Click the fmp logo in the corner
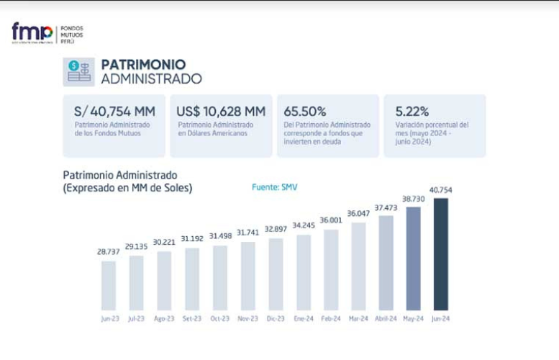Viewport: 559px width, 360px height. click(32, 33)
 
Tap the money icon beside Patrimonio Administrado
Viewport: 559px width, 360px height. click(78, 71)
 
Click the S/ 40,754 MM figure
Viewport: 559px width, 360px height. click(114, 112)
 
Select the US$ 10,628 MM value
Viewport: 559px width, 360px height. click(221, 112)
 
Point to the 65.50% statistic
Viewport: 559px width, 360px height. click(305, 112)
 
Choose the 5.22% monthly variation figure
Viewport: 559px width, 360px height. click(412, 112)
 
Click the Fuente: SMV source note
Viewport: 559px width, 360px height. click(274, 187)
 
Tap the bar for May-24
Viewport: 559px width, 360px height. click(413, 258)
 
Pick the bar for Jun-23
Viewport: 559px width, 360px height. click(108, 285)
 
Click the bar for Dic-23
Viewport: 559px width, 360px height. click(276, 274)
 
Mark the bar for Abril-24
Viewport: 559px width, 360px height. click(386, 262)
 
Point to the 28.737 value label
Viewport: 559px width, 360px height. click(108, 252)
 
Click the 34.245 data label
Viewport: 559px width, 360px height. click(303, 225)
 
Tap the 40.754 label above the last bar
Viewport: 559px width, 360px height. click(440, 189)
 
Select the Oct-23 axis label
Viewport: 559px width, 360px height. click(219, 318)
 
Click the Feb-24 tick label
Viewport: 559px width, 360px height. click(330, 318)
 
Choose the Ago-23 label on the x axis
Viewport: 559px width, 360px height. click(164, 318)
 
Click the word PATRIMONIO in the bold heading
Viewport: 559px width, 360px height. click(143, 65)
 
